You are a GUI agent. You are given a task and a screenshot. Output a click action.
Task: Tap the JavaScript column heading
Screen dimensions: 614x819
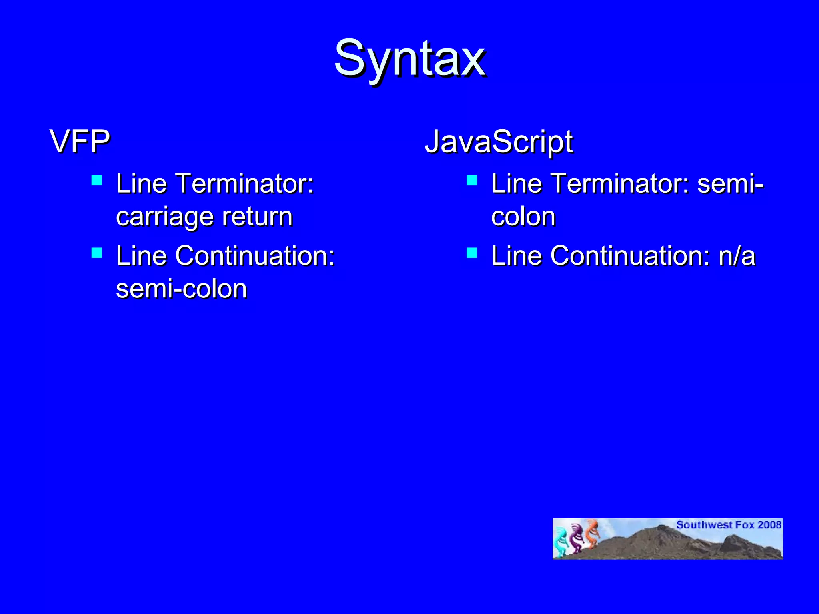click(x=498, y=142)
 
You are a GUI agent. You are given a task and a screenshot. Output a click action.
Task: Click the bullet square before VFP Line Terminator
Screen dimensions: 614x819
click(x=97, y=181)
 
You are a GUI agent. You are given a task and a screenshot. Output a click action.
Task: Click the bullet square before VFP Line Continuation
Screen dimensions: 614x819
click(x=97, y=253)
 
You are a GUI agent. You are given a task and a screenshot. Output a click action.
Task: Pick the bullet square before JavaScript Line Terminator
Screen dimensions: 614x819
click(x=472, y=181)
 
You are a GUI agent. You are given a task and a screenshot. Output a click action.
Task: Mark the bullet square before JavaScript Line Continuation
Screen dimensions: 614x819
click(x=472, y=253)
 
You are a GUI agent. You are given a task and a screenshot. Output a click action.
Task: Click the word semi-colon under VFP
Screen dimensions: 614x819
click(x=181, y=289)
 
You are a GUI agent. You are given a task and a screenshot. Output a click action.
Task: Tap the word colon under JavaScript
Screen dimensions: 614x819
click(x=523, y=217)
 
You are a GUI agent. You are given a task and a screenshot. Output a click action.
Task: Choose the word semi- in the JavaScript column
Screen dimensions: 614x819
click(x=730, y=183)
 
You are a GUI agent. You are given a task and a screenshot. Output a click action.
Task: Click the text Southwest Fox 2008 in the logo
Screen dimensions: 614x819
click(x=729, y=525)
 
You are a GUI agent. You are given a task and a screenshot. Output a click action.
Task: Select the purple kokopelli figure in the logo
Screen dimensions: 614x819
click(x=576, y=538)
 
